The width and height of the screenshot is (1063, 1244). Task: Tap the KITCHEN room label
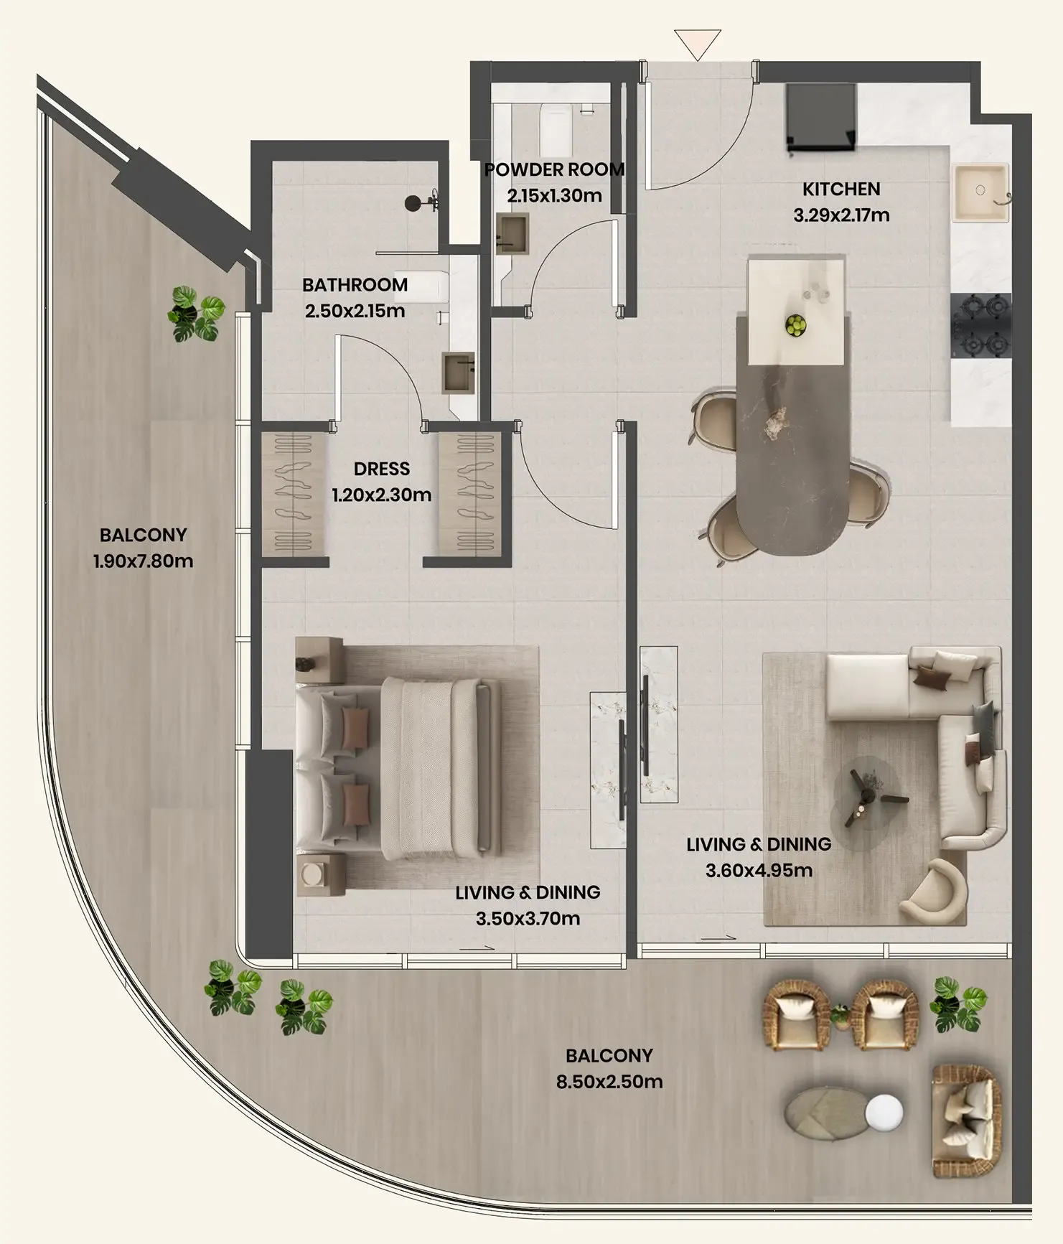pos(841,190)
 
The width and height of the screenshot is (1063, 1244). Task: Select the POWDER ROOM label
pos(554,170)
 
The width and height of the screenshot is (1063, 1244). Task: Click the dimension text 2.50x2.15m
pos(355,311)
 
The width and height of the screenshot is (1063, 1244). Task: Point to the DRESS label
pos(382,469)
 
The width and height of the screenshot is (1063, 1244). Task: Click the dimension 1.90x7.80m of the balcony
pos(143,561)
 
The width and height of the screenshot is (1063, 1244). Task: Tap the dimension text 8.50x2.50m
pos(609,1081)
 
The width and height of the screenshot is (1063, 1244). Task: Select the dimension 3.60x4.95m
pos(759,870)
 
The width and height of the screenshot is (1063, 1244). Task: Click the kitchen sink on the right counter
pos(981,192)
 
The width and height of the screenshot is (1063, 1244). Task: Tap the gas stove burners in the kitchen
pos(981,327)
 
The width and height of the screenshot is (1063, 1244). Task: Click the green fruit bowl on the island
pos(795,325)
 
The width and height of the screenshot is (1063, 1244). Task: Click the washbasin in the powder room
pos(512,233)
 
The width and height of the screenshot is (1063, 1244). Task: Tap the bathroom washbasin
pos(458,373)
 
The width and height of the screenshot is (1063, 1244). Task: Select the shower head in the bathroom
pos(413,203)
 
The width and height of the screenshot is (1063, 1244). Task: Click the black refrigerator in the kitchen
pos(821,118)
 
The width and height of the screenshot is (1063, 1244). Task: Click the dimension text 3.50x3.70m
pos(528,918)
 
